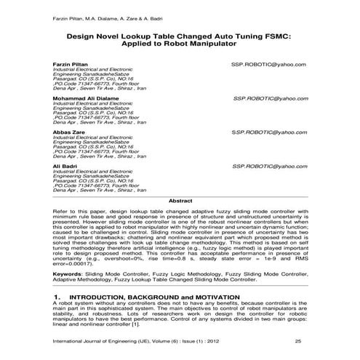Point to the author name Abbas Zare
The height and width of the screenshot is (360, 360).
point(67,132)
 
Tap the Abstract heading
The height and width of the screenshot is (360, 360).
point(180,199)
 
